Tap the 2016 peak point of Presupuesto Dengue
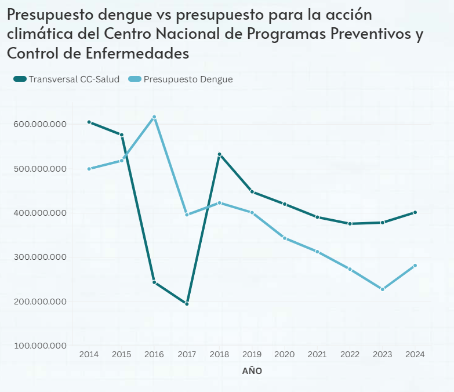(154, 117)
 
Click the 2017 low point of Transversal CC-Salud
(187, 303)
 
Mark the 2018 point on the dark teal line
(220, 154)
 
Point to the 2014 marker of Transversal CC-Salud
(89, 122)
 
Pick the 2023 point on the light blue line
(383, 289)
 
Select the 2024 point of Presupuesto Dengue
(415, 266)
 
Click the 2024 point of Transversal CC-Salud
(415, 212)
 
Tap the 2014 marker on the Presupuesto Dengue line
(89, 169)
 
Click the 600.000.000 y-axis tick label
(40, 125)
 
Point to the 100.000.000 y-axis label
(40, 346)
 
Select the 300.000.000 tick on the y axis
(40, 257)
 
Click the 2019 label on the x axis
(252, 354)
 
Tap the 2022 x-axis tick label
(350, 354)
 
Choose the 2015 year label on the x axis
(121, 354)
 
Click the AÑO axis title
(252, 371)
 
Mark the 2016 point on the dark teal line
(154, 282)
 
